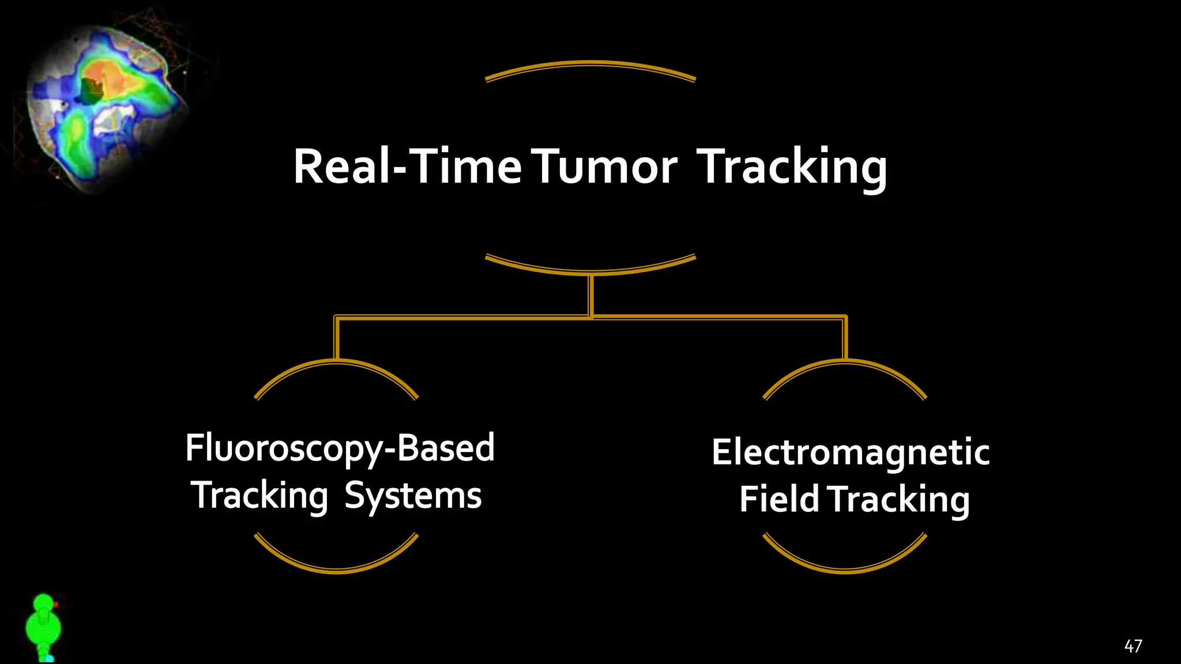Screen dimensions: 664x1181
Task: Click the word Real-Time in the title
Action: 407,167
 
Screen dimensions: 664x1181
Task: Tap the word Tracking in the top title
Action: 792,167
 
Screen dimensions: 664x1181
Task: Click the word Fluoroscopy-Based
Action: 340,448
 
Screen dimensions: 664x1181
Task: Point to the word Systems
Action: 413,496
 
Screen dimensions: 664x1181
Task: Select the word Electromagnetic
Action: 851,452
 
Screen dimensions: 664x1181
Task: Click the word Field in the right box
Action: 778,499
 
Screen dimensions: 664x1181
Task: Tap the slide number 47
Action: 1133,646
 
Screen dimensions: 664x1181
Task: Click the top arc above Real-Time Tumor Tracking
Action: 590,65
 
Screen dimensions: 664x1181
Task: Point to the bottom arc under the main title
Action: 590,270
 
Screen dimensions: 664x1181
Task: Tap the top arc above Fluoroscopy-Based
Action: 336,363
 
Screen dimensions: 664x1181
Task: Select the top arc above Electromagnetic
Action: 845,363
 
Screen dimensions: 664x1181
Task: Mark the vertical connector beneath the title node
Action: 590,295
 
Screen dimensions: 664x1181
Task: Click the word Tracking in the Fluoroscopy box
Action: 259,496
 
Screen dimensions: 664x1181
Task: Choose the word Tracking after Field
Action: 900,499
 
